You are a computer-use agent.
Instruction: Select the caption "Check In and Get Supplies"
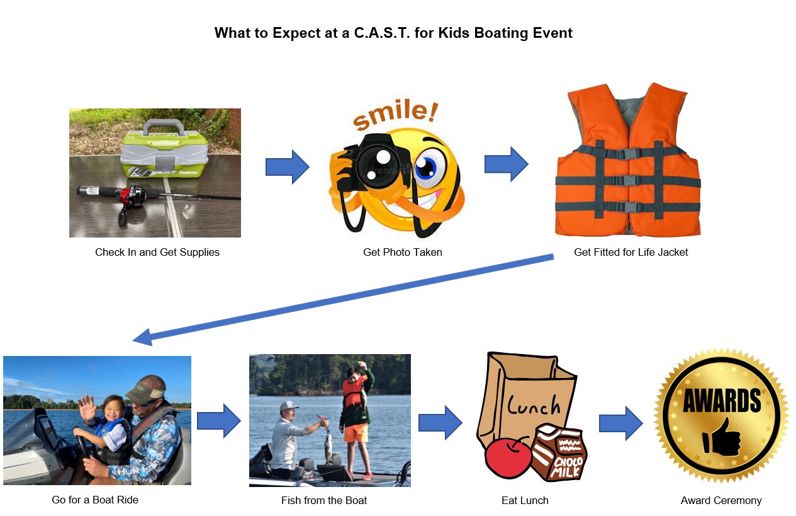coord(157,252)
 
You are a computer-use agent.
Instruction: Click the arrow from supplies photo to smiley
coord(287,167)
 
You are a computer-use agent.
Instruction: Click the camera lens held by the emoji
coord(378,161)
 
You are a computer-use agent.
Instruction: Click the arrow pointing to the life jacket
coord(506,164)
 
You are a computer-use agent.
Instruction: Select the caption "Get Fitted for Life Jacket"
coord(631,252)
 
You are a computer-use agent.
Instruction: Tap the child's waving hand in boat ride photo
coord(86,409)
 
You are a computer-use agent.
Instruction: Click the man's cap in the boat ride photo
coord(144,390)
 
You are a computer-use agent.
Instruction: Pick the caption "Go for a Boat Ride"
coord(95,500)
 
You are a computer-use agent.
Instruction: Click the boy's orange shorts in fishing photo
coord(356,434)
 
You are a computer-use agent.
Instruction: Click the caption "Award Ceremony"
coord(720,500)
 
